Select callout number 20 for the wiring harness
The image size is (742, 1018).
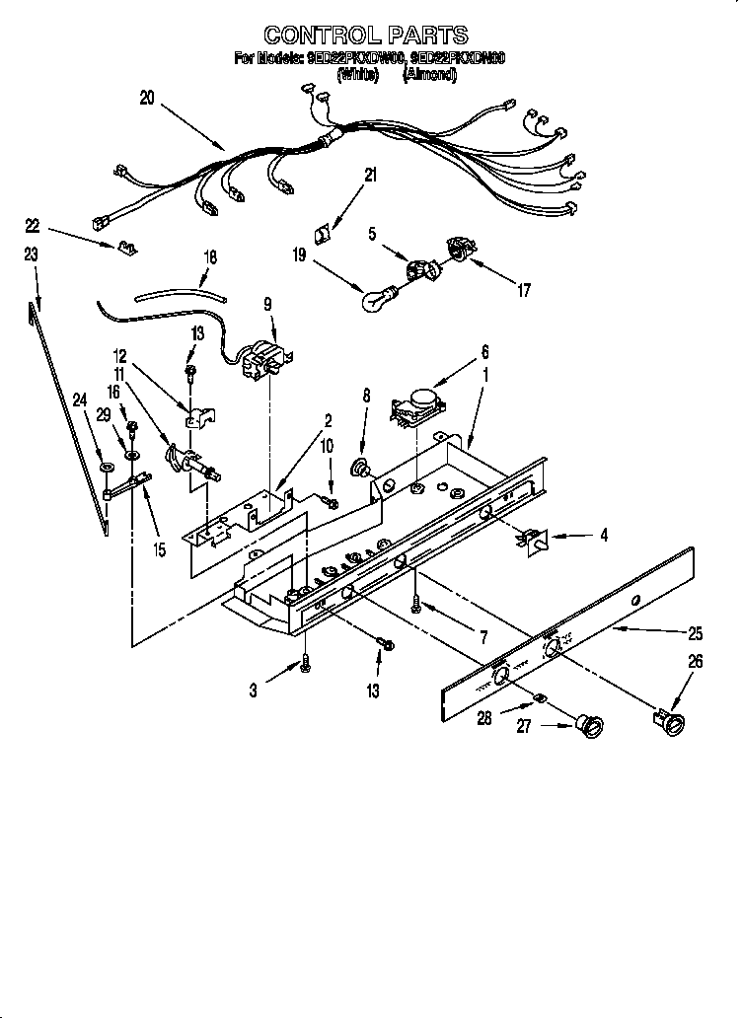click(x=147, y=98)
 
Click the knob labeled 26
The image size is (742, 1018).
click(x=670, y=724)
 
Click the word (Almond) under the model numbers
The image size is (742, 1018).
click(x=425, y=74)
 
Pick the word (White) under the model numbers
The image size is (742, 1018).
click(x=357, y=74)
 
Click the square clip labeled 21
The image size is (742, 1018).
click(x=321, y=234)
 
